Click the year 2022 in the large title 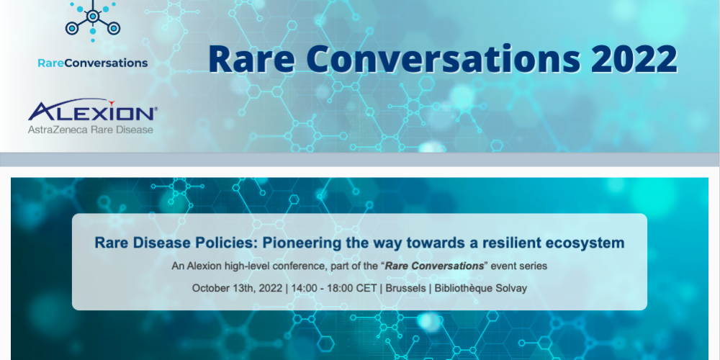[634, 59]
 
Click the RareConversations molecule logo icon [93, 21]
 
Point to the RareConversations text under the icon [93, 63]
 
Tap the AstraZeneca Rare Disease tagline [91, 130]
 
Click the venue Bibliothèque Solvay [477, 289]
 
